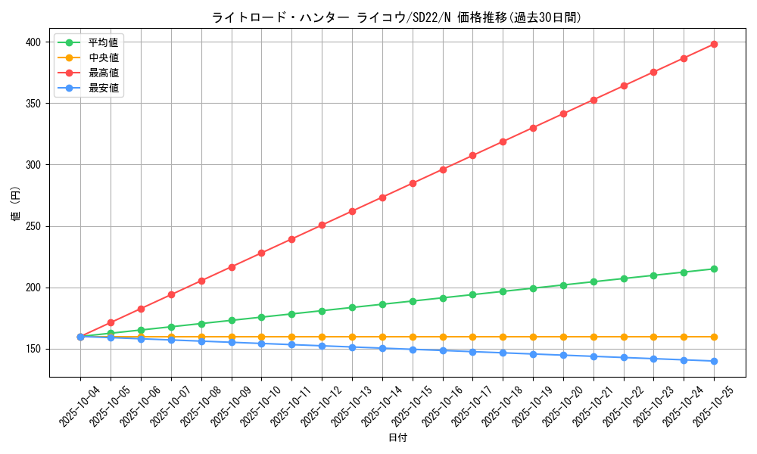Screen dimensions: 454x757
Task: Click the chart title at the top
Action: click(x=397, y=17)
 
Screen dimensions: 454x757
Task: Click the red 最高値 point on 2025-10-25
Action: click(x=714, y=44)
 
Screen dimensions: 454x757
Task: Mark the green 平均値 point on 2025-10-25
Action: click(x=714, y=269)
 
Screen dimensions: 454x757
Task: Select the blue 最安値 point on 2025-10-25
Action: click(x=714, y=361)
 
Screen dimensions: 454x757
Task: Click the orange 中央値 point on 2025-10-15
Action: click(x=413, y=337)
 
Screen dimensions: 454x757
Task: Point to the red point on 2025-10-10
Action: click(x=261, y=253)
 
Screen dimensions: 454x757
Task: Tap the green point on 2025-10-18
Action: click(x=503, y=291)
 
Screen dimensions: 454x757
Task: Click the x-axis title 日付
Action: click(x=397, y=438)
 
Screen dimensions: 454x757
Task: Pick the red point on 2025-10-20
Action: click(x=563, y=113)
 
